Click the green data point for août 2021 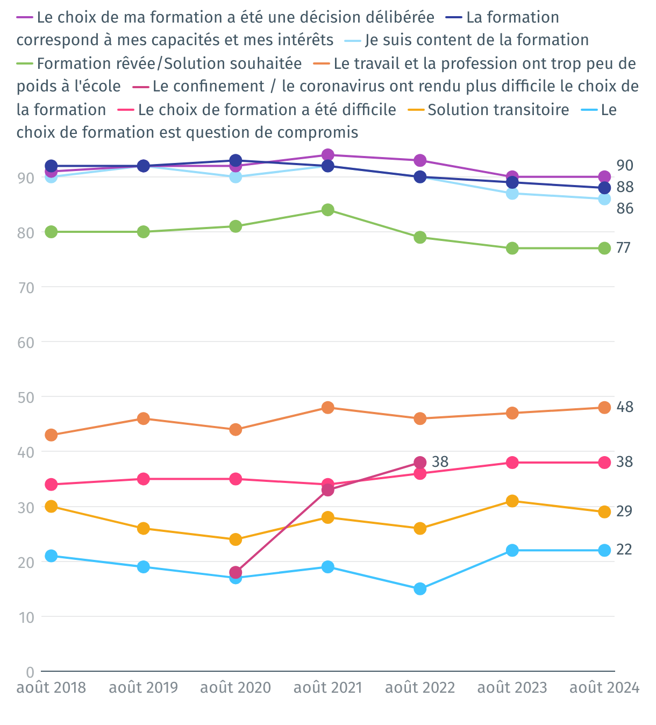328,210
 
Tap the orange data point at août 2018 51,435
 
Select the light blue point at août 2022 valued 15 420,589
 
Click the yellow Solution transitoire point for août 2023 512,501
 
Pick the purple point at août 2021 328,155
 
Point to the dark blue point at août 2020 236,160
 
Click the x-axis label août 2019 143,688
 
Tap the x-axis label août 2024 604,688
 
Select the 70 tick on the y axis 26,288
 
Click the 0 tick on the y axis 30,672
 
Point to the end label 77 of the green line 623,248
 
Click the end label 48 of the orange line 625,407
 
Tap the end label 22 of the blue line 624,550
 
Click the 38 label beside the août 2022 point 440,462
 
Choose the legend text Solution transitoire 498,110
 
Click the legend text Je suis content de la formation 476,40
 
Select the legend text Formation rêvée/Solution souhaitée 169,63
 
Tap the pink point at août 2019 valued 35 143,479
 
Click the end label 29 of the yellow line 624,511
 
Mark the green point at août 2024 604,248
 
